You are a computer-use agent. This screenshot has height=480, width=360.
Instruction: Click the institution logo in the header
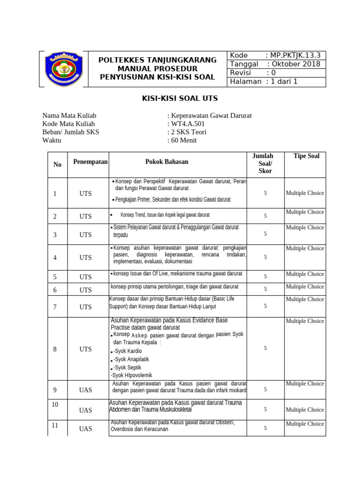coord(64,69)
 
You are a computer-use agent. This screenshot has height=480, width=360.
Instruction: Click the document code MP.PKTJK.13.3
coord(296,56)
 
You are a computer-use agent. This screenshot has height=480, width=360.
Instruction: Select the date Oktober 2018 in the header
coord(293,64)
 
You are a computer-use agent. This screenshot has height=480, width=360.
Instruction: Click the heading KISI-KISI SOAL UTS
coord(180,99)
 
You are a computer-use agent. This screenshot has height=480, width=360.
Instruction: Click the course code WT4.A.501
coord(187,124)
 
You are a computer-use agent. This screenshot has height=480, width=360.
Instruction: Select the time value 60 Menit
coord(184,140)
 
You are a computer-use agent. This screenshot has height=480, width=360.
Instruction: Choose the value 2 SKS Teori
coord(188,132)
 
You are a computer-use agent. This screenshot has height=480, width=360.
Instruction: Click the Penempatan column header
coord(90,162)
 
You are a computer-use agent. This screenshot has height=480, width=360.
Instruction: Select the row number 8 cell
coord(55,349)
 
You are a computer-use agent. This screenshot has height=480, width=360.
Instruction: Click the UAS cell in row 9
coord(85,390)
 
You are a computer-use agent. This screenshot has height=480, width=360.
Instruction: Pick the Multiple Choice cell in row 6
coord(305,286)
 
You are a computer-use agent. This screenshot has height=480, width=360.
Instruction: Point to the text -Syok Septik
coord(127,367)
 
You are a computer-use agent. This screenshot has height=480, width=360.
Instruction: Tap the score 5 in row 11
coord(265,428)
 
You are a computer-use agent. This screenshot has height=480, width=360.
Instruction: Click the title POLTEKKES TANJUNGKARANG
coord(157,60)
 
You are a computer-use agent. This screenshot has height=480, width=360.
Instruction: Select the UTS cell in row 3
coord(85,234)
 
